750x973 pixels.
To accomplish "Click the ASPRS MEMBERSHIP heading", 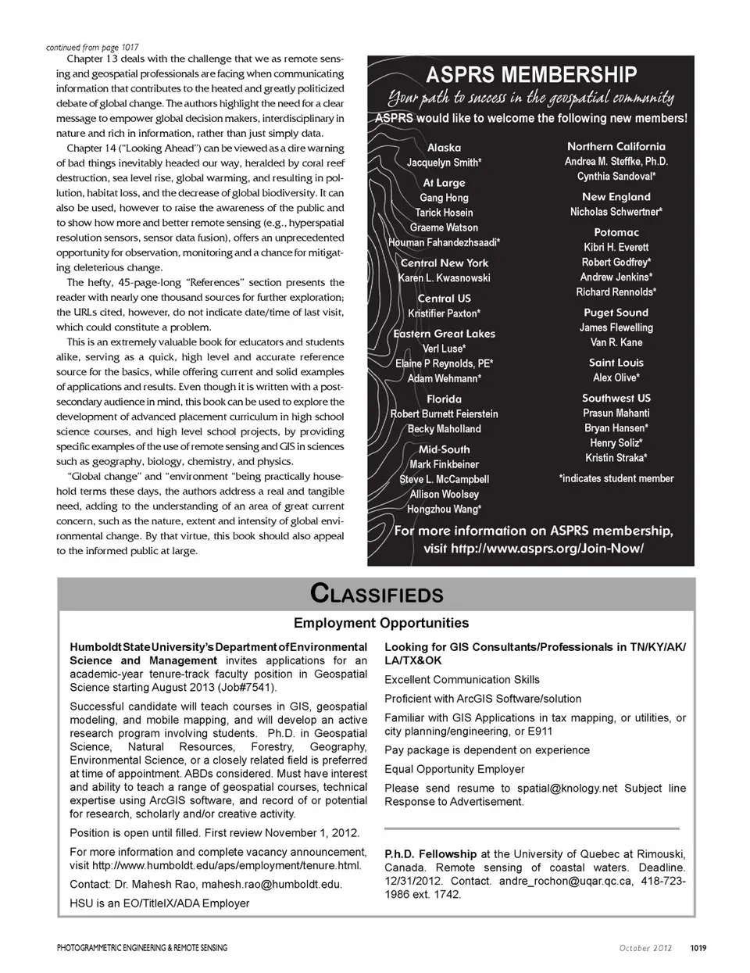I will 530,75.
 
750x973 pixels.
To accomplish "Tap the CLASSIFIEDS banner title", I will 377,594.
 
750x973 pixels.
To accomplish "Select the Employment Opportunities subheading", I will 381,623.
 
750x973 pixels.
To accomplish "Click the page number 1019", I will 698,948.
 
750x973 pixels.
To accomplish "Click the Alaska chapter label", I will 444,147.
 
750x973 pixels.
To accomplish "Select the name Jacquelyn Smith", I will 444,163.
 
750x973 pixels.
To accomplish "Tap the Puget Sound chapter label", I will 616,312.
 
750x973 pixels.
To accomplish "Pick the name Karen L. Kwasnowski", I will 445,278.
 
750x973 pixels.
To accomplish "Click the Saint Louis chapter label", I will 616,363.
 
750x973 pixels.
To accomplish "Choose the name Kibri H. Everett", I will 616,247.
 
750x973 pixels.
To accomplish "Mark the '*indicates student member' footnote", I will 616,478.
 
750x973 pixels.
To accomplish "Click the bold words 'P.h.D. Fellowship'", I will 430,854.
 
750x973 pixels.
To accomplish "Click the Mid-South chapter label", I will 444,449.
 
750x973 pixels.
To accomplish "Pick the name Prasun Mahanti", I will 616,413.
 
